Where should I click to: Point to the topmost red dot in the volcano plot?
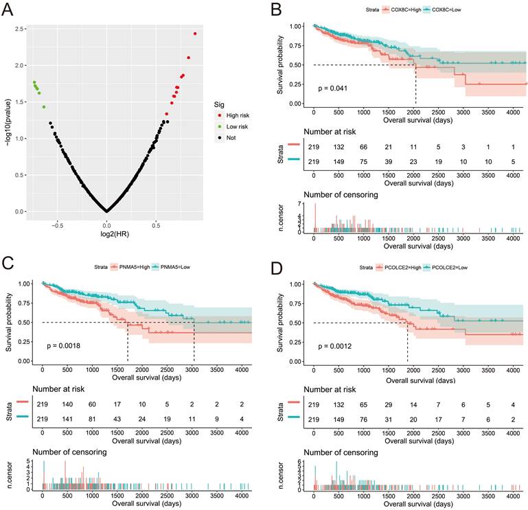point(195,34)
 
